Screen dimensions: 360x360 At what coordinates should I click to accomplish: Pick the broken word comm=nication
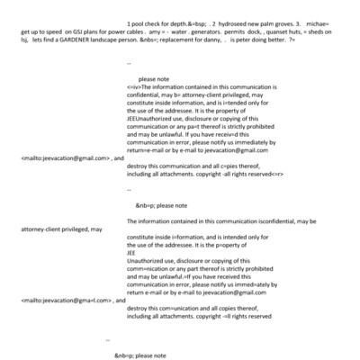tap(148, 268)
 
